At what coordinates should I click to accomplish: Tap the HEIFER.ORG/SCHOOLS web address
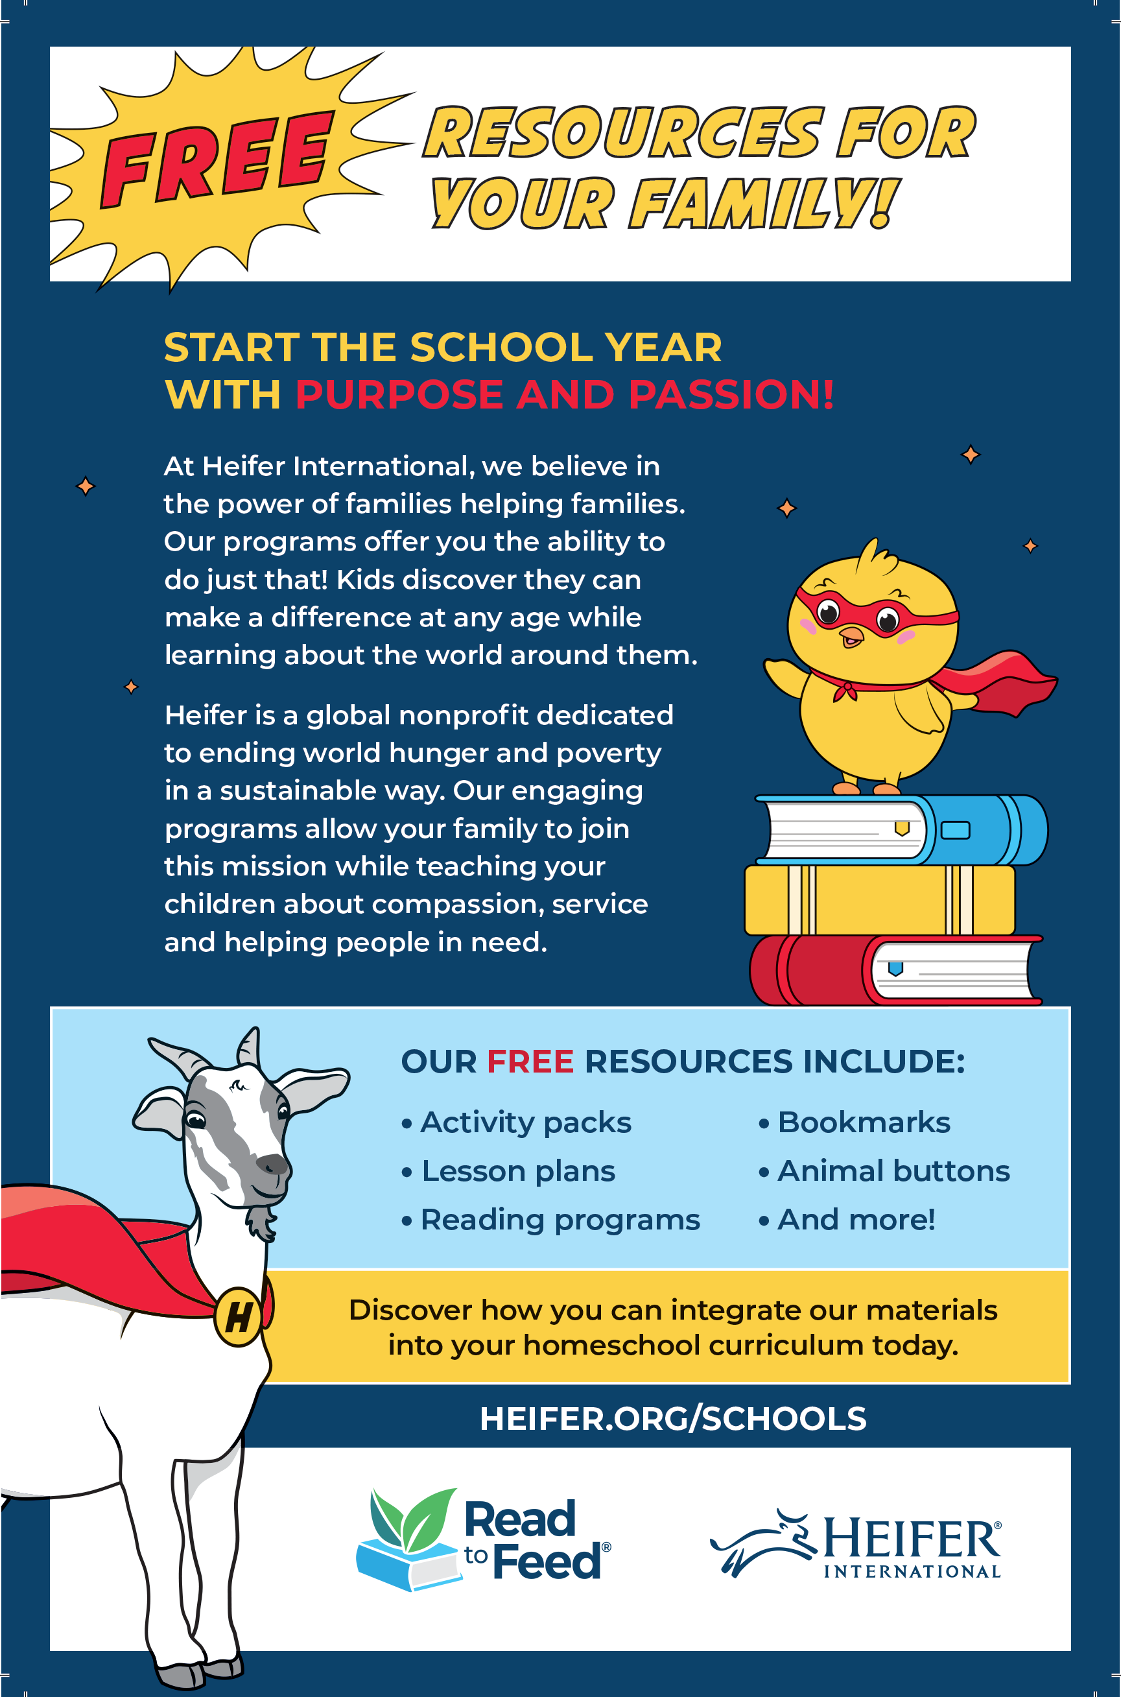pyautogui.click(x=672, y=1418)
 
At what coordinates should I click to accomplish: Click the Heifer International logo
pyautogui.click(x=856, y=1544)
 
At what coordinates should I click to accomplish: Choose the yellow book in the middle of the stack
pyautogui.click(x=879, y=900)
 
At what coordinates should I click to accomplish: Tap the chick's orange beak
pyautogui.click(x=851, y=635)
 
